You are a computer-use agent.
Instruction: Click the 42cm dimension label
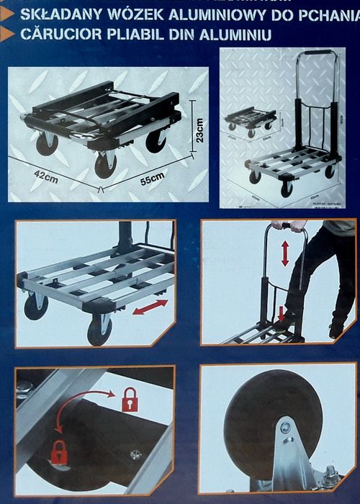tap(46, 177)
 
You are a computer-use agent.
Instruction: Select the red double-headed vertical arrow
tap(285, 253)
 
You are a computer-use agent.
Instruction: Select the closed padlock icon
tap(59, 453)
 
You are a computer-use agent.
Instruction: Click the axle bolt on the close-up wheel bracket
tap(287, 428)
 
